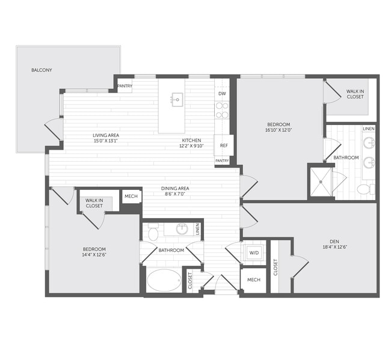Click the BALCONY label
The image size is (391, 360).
coord(42,70)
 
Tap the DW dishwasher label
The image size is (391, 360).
coord(222,94)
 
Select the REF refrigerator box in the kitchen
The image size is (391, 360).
coord(224,145)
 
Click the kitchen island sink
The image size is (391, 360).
coord(177,99)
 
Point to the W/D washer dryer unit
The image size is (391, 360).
coord(253,253)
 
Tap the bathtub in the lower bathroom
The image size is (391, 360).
coord(163,280)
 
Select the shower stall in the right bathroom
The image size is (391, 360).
coord(321,181)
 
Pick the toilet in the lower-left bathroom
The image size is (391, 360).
coord(153,232)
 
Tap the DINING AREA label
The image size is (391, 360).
coord(175,189)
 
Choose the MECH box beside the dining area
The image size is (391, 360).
coord(131,197)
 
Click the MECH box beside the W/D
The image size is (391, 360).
coord(253,280)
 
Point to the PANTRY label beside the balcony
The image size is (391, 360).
coord(125,85)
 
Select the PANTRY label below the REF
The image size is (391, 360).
coord(222,160)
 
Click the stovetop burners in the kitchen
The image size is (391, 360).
coord(222,110)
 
